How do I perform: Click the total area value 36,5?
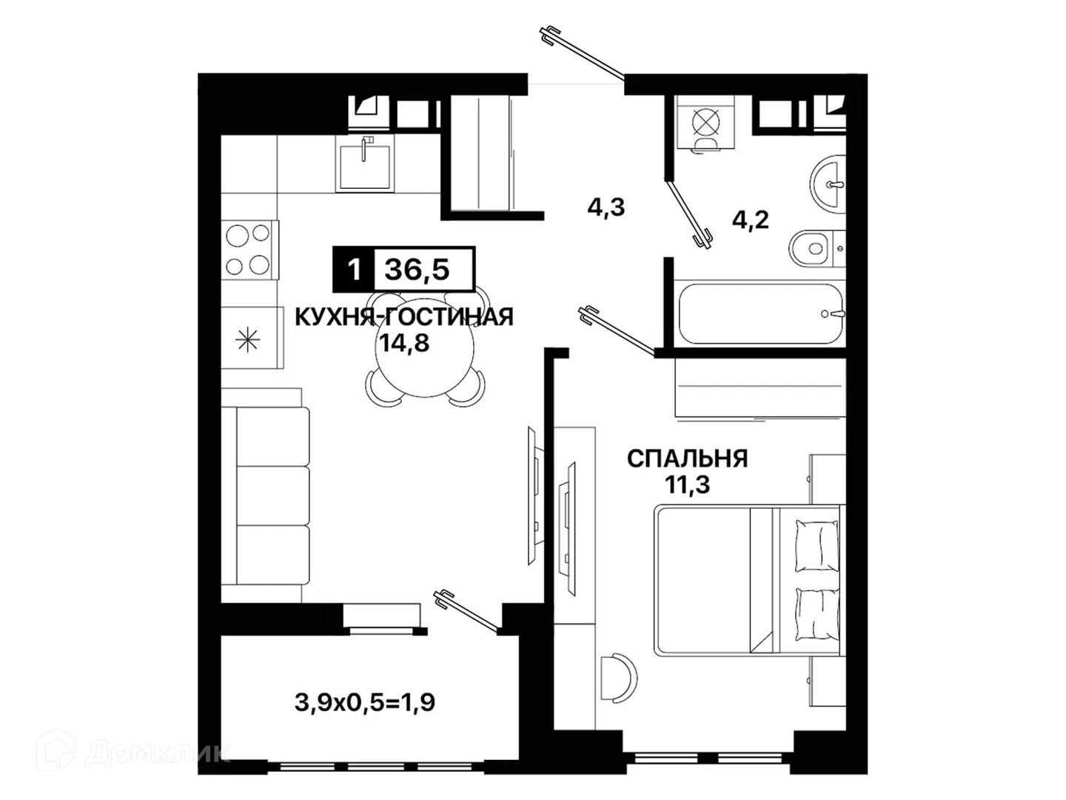coord(417,270)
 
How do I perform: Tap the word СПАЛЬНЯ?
coord(687,459)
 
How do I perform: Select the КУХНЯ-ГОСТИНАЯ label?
coord(404,317)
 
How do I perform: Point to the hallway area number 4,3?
coord(606,207)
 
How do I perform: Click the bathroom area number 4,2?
coord(751,220)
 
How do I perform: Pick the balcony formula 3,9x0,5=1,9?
coord(364,702)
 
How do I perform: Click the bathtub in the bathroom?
coord(762,313)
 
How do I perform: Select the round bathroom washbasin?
coord(828,184)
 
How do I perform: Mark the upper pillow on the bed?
coord(817,544)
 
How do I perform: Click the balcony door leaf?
coord(468,611)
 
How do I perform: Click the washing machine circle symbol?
coord(705,121)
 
